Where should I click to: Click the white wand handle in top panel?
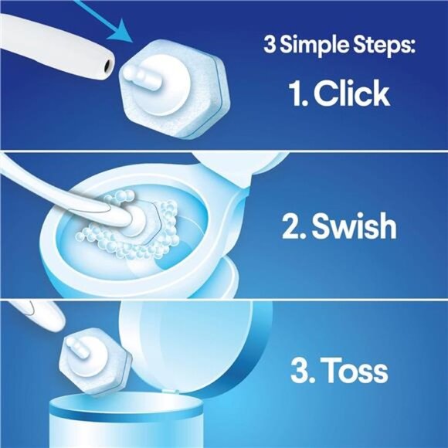pos(46,46)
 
